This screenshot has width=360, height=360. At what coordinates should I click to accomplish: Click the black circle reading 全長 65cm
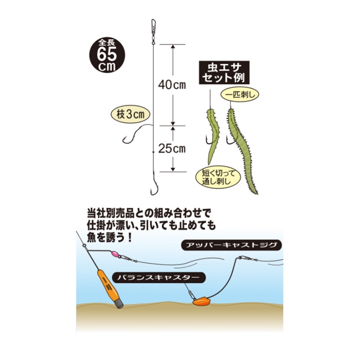(x=107, y=56)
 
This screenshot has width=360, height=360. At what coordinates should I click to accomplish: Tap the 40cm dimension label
(x=172, y=85)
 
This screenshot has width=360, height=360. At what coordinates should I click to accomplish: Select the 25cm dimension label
(x=172, y=149)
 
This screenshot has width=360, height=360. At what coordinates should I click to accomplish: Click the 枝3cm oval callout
(x=131, y=114)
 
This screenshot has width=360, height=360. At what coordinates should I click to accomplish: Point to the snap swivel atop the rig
(x=153, y=31)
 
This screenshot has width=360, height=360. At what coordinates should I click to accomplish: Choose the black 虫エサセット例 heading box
(x=224, y=73)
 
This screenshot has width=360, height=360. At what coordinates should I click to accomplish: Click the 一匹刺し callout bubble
(x=240, y=95)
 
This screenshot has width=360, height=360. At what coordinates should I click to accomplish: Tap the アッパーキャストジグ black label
(x=231, y=245)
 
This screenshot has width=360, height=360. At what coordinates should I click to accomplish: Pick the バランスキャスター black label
(x=158, y=278)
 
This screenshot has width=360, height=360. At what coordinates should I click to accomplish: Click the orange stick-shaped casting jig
(x=110, y=289)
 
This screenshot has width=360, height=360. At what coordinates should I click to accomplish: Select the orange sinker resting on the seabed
(x=202, y=301)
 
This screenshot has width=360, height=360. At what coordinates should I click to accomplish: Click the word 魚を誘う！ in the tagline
(x=110, y=237)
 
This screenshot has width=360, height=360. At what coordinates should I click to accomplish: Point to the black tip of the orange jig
(x=119, y=304)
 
